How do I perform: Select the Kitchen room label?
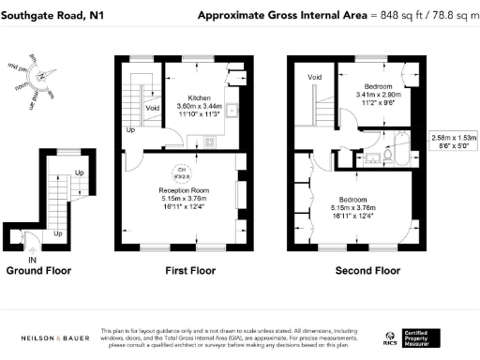coord(199,97)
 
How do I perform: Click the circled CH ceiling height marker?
coord(184,172)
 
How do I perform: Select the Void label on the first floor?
coord(151,109)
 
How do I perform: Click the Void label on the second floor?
coord(315,77)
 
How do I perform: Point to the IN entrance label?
coord(32,259)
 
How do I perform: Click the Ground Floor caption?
coord(38,272)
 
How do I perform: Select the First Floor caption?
coord(184,272)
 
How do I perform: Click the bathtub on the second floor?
coord(401,146)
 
